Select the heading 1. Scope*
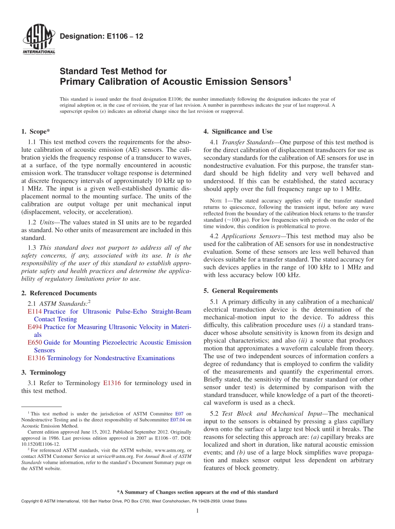pyautogui.click(x=35, y=132)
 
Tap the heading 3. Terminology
pyautogui.click(x=43, y=373)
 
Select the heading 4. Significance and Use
pyautogui.click(x=238, y=132)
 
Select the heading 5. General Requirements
pyautogui.click(x=240, y=291)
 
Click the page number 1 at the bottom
pyautogui.click(x=197, y=511)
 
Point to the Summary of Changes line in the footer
pyautogui.click(x=197, y=492)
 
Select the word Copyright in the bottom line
pyautogui.click(x=30, y=501)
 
